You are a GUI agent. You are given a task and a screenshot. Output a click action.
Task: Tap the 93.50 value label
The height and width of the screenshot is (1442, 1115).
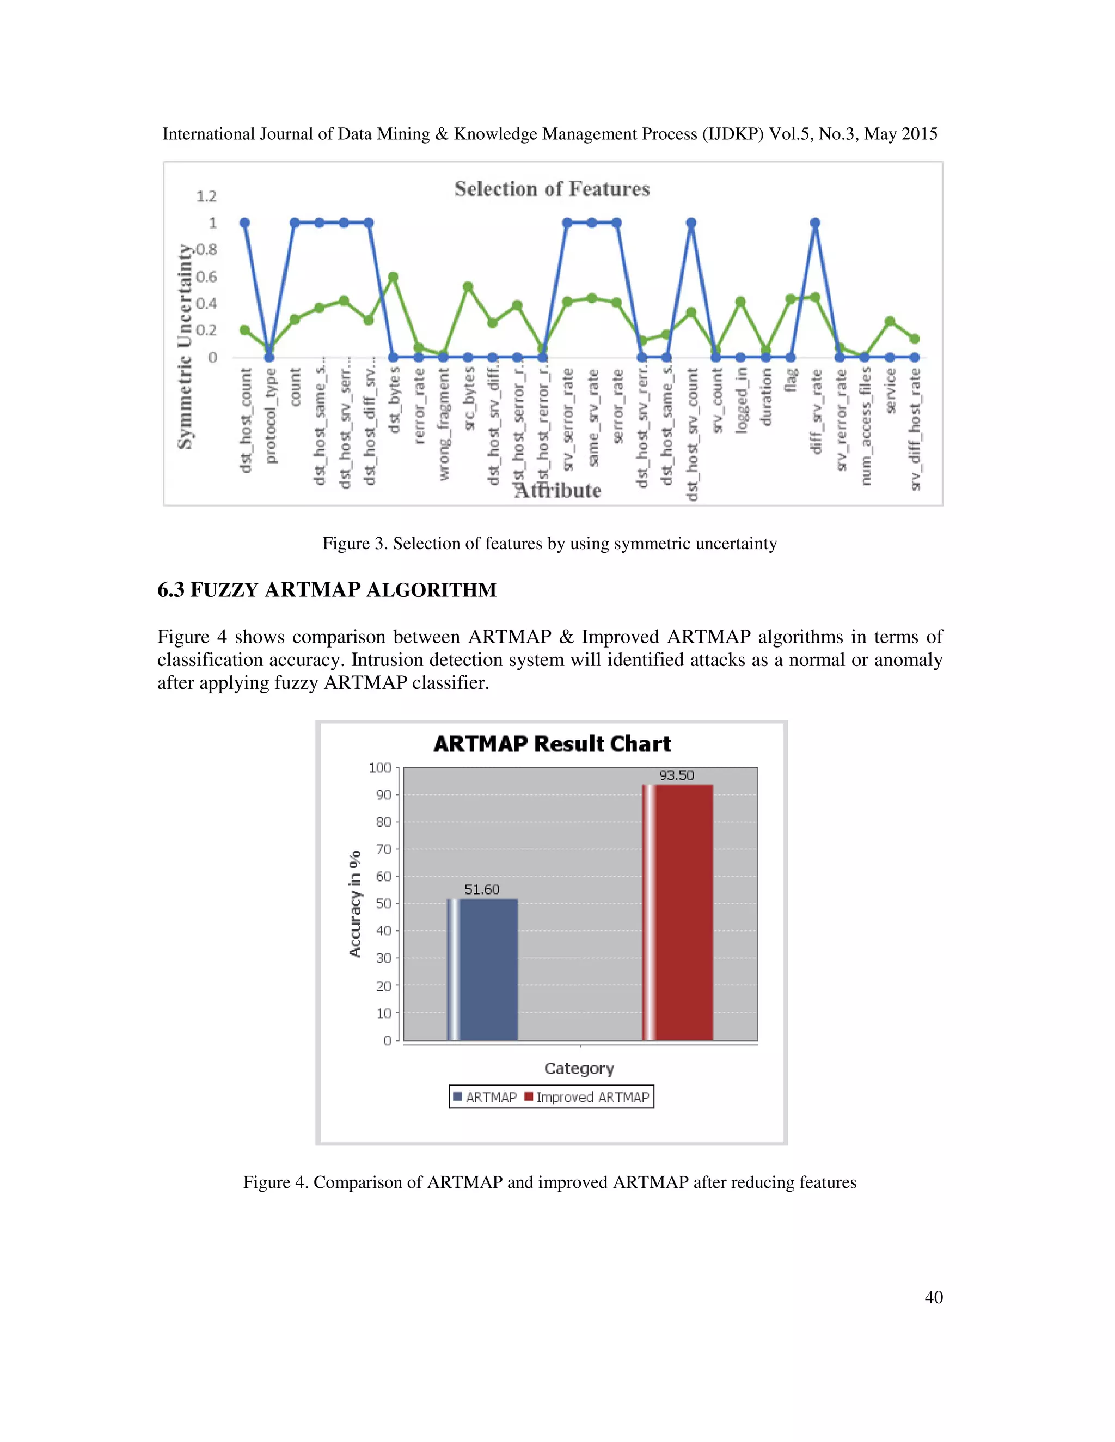(676, 775)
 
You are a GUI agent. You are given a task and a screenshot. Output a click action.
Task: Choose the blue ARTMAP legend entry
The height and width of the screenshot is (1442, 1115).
(485, 1098)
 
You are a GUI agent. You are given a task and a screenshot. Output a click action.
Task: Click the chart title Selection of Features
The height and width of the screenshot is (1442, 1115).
(552, 189)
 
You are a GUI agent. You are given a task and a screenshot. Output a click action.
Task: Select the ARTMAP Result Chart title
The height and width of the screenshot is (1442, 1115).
(552, 744)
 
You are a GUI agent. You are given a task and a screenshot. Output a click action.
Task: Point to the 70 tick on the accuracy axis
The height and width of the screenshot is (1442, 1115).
(383, 849)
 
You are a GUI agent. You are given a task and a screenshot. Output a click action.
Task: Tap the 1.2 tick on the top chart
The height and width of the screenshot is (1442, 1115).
(206, 196)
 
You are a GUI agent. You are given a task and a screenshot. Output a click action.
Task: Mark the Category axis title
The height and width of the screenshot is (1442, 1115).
(579, 1068)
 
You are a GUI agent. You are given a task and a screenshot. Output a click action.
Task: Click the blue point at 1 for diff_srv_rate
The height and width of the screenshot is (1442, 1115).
(815, 223)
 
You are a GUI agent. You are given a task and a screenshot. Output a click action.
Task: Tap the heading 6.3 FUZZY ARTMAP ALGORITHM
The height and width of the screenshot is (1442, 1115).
(327, 590)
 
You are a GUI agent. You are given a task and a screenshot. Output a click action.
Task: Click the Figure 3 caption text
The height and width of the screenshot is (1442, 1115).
(549, 544)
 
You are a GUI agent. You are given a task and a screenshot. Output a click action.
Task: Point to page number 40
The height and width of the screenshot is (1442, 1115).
(933, 1297)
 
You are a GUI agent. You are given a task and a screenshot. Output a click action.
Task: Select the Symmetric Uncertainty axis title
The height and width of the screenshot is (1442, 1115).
(185, 346)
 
